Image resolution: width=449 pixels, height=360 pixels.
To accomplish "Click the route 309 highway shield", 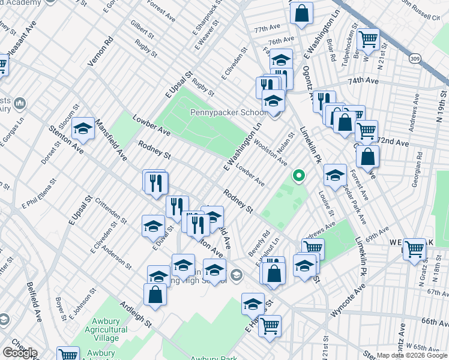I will click(415, 58).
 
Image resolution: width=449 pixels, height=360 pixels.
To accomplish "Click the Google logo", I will click(20, 353).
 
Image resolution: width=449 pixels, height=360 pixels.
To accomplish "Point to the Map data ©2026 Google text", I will click(412, 355).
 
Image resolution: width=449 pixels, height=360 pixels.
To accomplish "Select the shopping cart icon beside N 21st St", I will click(368, 40).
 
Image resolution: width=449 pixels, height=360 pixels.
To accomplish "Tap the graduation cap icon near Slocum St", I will click(83, 128).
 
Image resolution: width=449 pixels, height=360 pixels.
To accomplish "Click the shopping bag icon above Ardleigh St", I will click(155, 295).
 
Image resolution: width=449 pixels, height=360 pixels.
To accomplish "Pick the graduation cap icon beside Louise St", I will click(335, 175).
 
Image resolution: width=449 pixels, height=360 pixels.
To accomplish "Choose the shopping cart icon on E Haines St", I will click(270, 326).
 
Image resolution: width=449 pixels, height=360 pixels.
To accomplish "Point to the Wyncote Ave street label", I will click(348, 302).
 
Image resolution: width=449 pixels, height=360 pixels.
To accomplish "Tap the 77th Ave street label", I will click(267, 29).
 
